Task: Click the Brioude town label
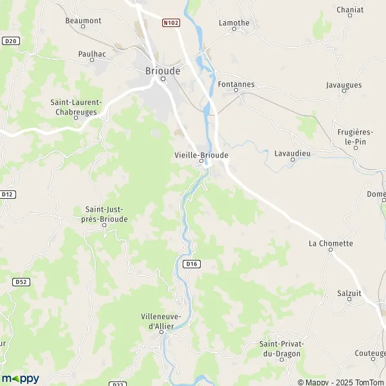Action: coord(162,70)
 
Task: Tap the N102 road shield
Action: coord(170,23)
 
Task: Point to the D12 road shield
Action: coord(8,194)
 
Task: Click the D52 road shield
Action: coord(21,281)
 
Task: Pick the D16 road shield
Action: coord(192,263)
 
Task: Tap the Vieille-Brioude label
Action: coord(201,155)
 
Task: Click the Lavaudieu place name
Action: coord(292,153)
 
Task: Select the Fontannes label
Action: coord(236,84)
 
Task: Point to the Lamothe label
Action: coord(234,23)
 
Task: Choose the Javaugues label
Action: coord(344,85)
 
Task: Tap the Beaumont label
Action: coord(84,21)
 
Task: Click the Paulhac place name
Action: coord(92,55)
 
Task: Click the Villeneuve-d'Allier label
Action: coord(161,322)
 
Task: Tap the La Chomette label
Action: coord(331,243)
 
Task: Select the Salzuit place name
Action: coord(349,293)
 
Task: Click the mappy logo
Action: coord(20,378)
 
